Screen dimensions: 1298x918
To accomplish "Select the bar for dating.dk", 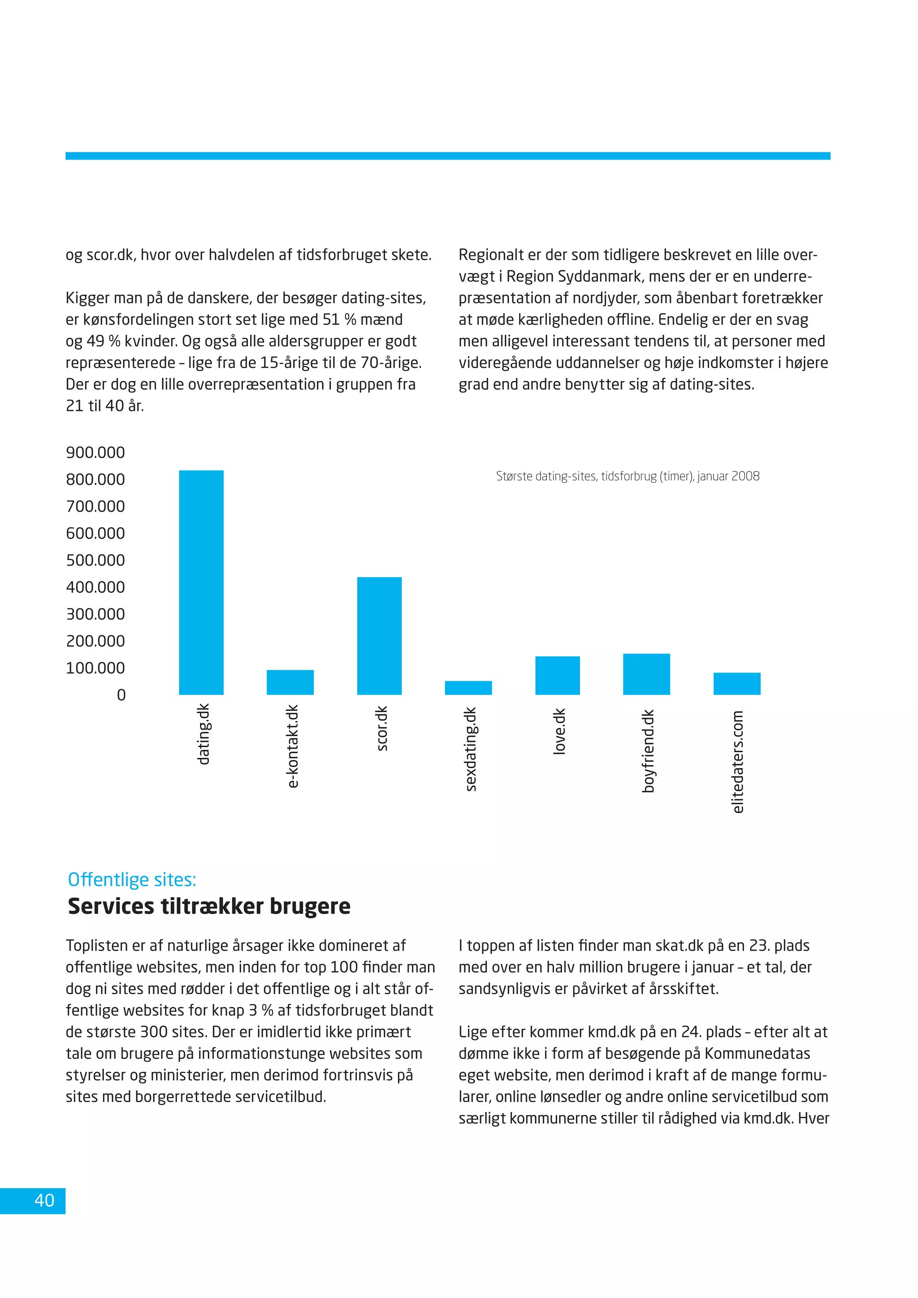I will coord(201,582).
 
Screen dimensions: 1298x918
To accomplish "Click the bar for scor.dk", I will coord(379,636).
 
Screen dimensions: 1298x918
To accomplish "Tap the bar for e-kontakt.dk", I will coord(290,682).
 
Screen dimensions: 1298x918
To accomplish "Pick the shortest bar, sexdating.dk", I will coord(468,688).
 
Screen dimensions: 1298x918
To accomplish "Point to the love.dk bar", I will coord(557,675).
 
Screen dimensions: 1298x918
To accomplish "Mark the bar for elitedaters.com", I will coord(736,684).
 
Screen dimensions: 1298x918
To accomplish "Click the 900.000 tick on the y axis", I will coord(95,452).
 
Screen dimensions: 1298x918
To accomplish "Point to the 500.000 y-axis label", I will coord(95,560).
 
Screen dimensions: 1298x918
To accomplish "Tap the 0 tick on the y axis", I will coord(121,695).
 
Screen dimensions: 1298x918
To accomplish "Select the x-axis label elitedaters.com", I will coord(738,761).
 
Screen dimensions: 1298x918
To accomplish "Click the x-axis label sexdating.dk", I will coord(470,749).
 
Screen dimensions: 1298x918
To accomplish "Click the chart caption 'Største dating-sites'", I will coord(628,476).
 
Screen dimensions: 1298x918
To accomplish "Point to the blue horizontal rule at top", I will coord(448,156).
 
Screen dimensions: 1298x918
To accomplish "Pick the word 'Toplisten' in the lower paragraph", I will coord(99,946).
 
